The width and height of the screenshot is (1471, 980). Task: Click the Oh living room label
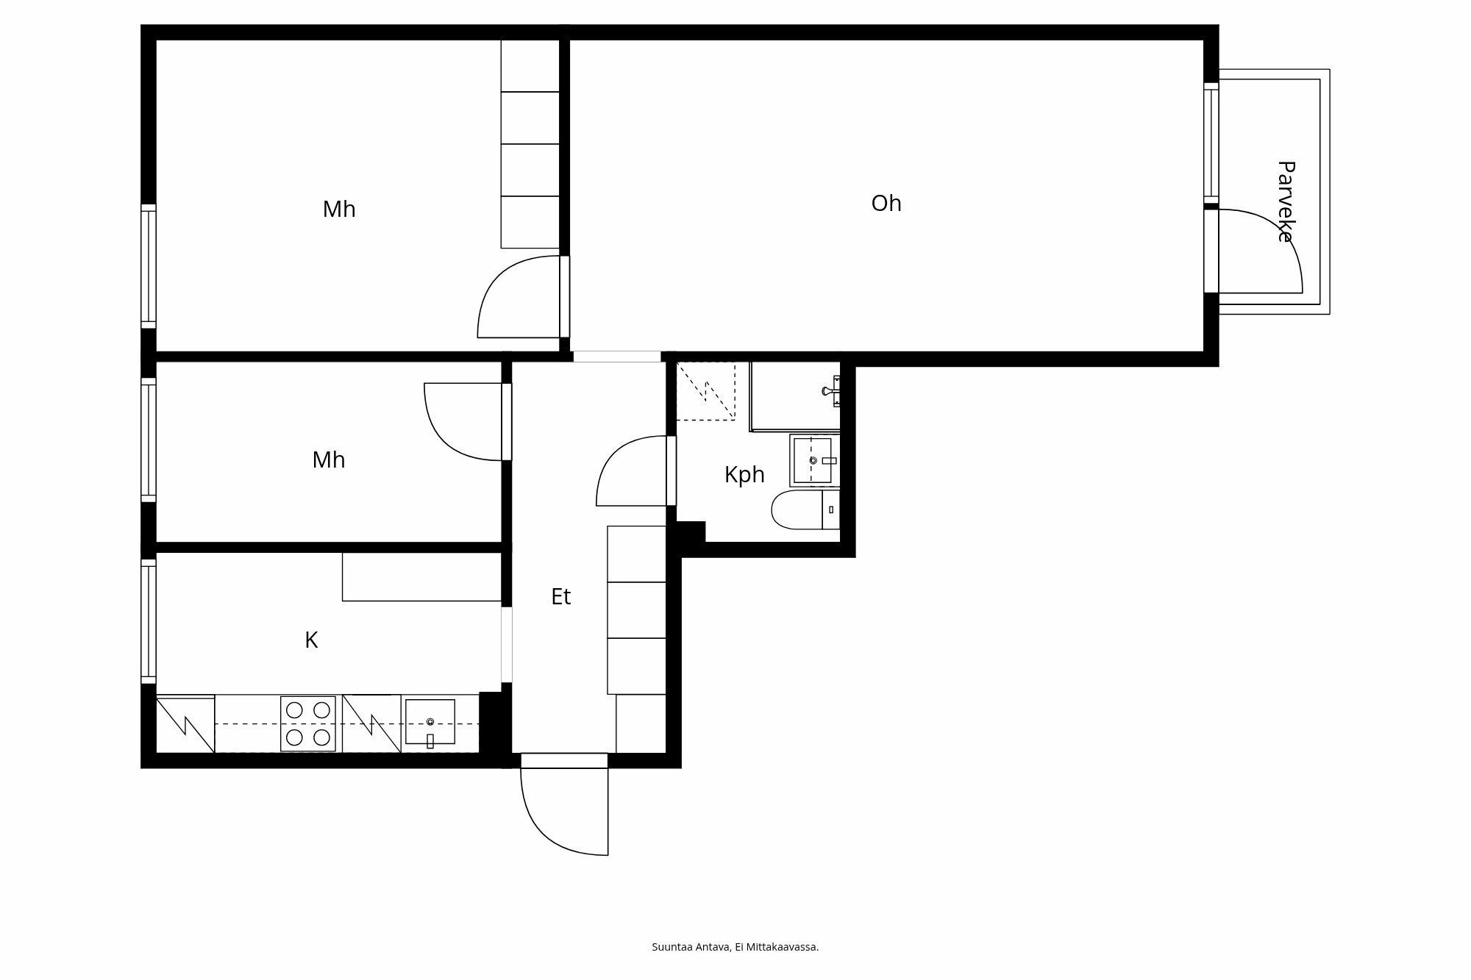pyautogui.click(x=886, y=204)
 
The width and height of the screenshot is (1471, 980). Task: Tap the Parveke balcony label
pyautogui.click(x=1285, y=201)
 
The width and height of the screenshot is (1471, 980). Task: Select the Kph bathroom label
pyautogui.click(x=744, y=475)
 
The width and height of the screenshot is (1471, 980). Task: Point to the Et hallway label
pyautogui.click(x=560, y=596)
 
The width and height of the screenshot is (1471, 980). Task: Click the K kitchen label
pyautogui.click(x=311, y=640)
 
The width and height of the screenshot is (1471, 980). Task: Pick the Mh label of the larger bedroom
pyautogui.click(x=338, y=210)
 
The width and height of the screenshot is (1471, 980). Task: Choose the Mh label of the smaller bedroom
pyautogui.click(x=328, y=460)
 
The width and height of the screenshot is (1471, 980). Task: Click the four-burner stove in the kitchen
pyautogui.click(x=308, y=723)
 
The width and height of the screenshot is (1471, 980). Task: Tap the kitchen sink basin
pyautogui.click(x=430, y=722)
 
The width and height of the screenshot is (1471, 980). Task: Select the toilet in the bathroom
pyautogui.click(x=802, y=510)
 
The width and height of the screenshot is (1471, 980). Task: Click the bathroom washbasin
pyautogui.click(x=812, y=460)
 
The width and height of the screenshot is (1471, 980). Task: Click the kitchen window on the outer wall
pyautogui.click(x=149, y=621)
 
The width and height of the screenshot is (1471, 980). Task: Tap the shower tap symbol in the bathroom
pyautogui.click(x=831, y=391)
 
